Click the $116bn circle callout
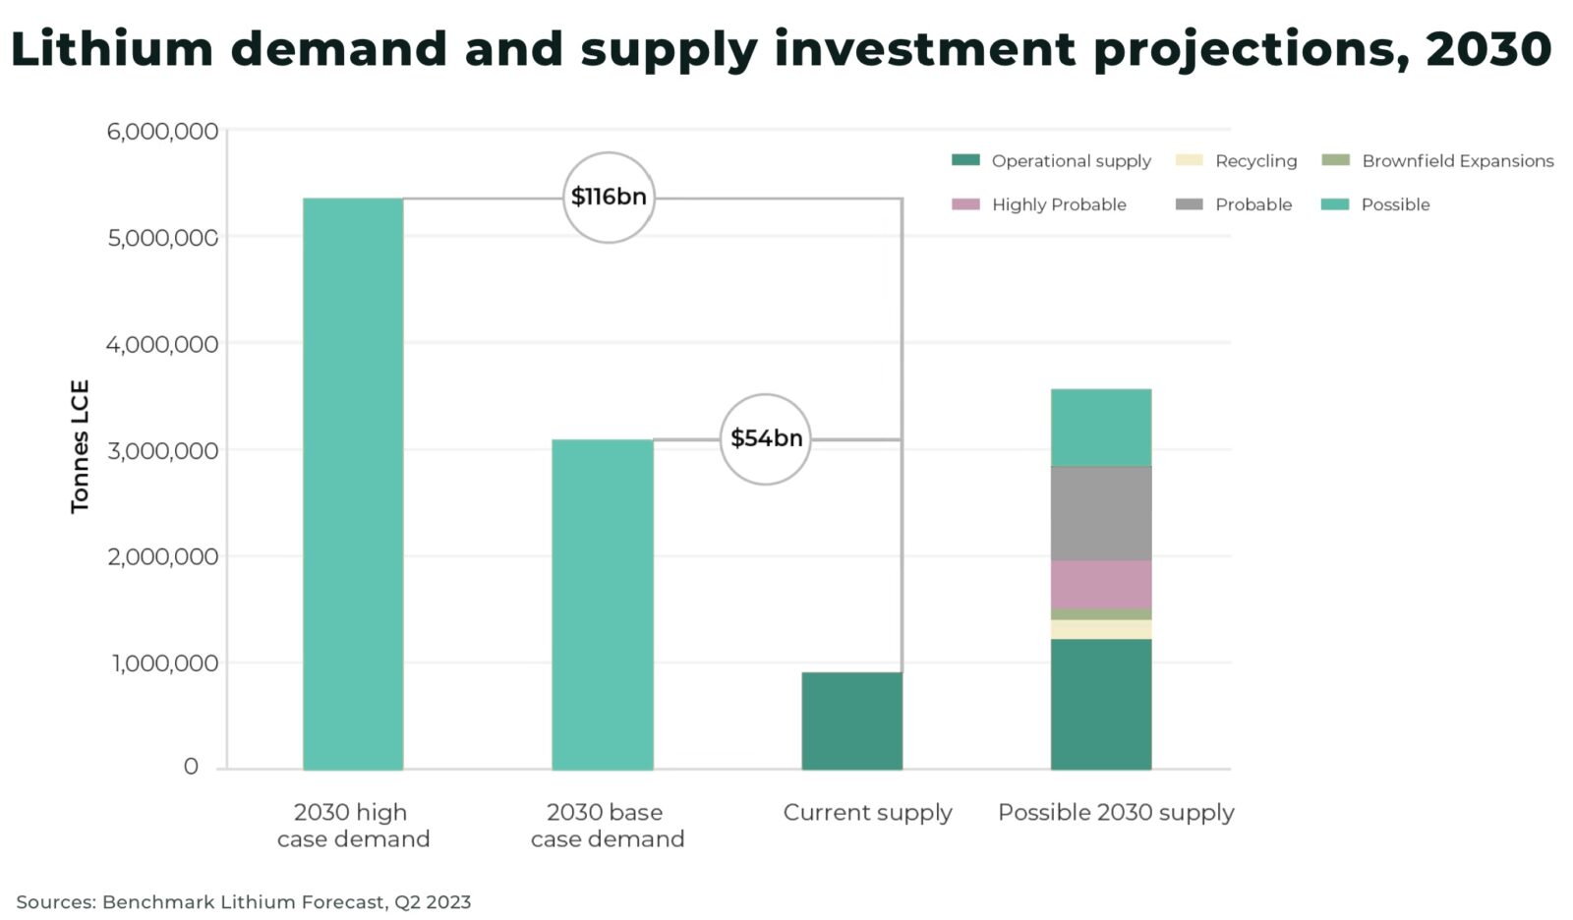tap(609, 198)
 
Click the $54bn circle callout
tap(766, 438)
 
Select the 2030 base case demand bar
tap(603, 604)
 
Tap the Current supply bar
tap(851, 720)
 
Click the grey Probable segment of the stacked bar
tap(1101, 513)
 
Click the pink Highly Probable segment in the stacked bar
tap(1101, 585)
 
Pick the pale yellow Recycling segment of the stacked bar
tap(1101, 630)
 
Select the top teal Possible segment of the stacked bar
tap(1101, 428)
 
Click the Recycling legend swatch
tap(1189, 160)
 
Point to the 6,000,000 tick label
tap(162, 131)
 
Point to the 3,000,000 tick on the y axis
tap(162, 450)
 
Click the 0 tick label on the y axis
tap(191, 767)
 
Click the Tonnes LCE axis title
tap(81, 446)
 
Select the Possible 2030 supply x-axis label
tap(1116, 813)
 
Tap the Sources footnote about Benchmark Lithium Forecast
tap(244, 901)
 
